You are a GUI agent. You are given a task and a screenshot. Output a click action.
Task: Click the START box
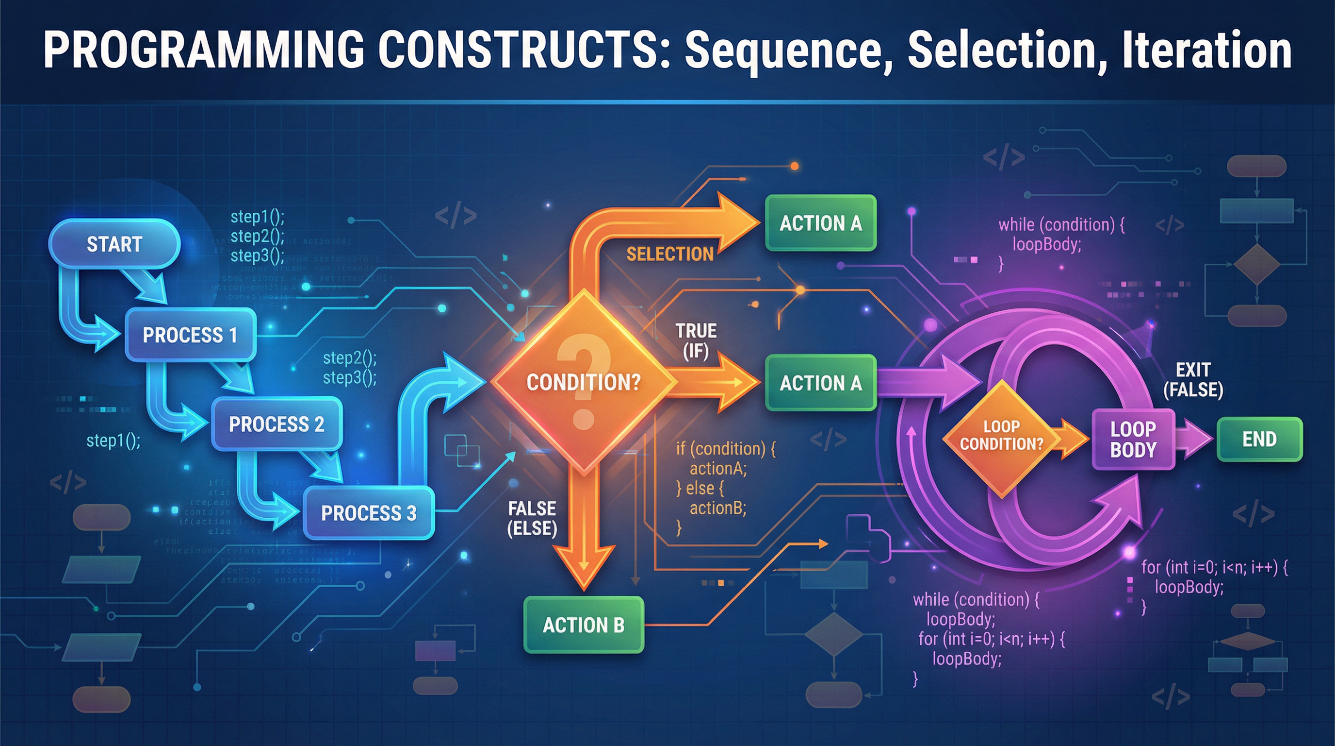coord(114,244)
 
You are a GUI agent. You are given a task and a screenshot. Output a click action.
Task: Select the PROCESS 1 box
coord(190,335)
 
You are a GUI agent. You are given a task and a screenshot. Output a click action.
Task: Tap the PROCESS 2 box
coord(276,424)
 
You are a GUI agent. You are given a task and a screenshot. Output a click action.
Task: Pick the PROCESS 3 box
coord(369,513)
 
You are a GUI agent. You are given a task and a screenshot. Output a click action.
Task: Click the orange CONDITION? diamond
coord(584,382)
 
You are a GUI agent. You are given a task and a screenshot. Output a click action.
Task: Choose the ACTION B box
coord(584,625)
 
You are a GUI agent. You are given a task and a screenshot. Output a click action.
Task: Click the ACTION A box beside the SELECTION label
coord(820,223)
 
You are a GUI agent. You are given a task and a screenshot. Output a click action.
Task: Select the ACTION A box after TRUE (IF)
coord(820,383)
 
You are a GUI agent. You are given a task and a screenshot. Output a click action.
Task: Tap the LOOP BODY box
coord(1133,440)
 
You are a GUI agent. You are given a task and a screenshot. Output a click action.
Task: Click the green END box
coord(1259,440)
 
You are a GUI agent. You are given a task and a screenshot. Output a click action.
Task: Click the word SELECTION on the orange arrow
coord(669,254)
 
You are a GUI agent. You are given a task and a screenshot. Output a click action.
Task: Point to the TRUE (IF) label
coord(696,341)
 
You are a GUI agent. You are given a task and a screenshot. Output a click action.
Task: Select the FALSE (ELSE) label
coord(532,518)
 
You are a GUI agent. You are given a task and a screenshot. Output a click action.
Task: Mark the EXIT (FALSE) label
coord(1193,379)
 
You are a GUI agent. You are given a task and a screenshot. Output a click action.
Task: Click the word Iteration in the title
coord(1206,50)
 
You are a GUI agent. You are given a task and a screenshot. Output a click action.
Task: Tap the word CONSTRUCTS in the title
coord(518,50)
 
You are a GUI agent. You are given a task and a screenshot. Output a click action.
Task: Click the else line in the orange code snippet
coord(700,488)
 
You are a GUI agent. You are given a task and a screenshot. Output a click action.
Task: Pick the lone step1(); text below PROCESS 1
coord(113,441)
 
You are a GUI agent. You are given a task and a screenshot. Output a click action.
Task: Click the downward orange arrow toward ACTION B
coord(584,534)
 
